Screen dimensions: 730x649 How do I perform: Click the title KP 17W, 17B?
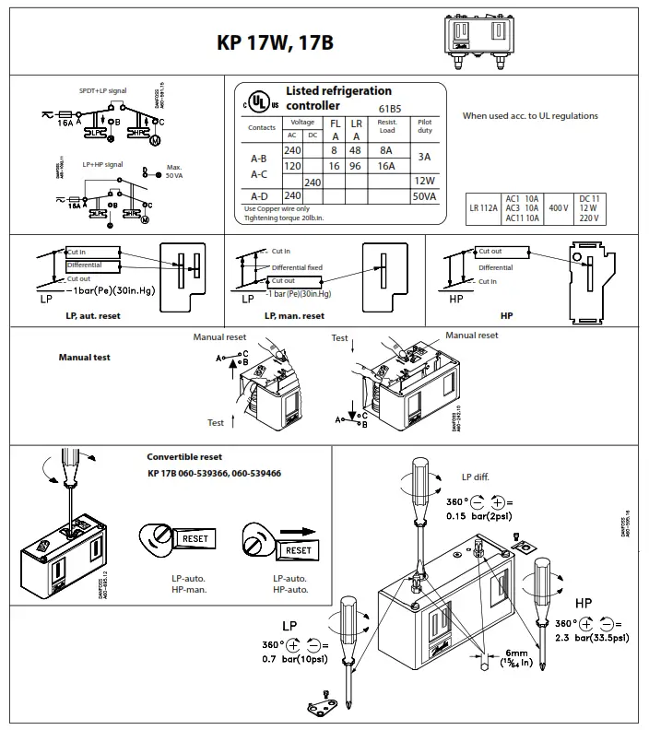pyautogui.click(x=275, y=43)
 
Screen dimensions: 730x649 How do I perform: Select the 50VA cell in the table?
pyautogui.click(x=425, y=195)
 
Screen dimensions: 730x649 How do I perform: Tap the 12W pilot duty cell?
pyautogui.click(x=425, y=181)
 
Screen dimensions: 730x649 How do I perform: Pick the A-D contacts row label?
pyautogui.click(x=259, y=195)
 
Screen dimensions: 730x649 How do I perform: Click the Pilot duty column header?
pyautogui.click(x=425, y=125)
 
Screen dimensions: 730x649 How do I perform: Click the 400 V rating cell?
pyautogui.click(x=559, y=209)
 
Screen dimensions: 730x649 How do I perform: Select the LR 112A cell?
pyautogui.click(x=482, y=209)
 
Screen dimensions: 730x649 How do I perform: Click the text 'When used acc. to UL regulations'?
pyautogui.click(x=529, y=116)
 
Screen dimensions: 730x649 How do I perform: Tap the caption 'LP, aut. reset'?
pyautogui.click(x=92, y=316)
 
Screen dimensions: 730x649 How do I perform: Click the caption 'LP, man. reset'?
pyautogui.click(x=294, y=316)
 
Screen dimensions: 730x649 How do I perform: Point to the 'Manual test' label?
pyautogui.click(x=85, y=357)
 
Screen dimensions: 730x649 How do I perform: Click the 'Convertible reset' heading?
pyautogui.click(x=184, y=457)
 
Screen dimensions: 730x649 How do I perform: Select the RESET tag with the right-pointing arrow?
pyautogui.click(x=299, y=549)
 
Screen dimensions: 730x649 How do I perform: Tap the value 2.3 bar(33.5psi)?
pyautogui.click(x=589, y=637)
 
